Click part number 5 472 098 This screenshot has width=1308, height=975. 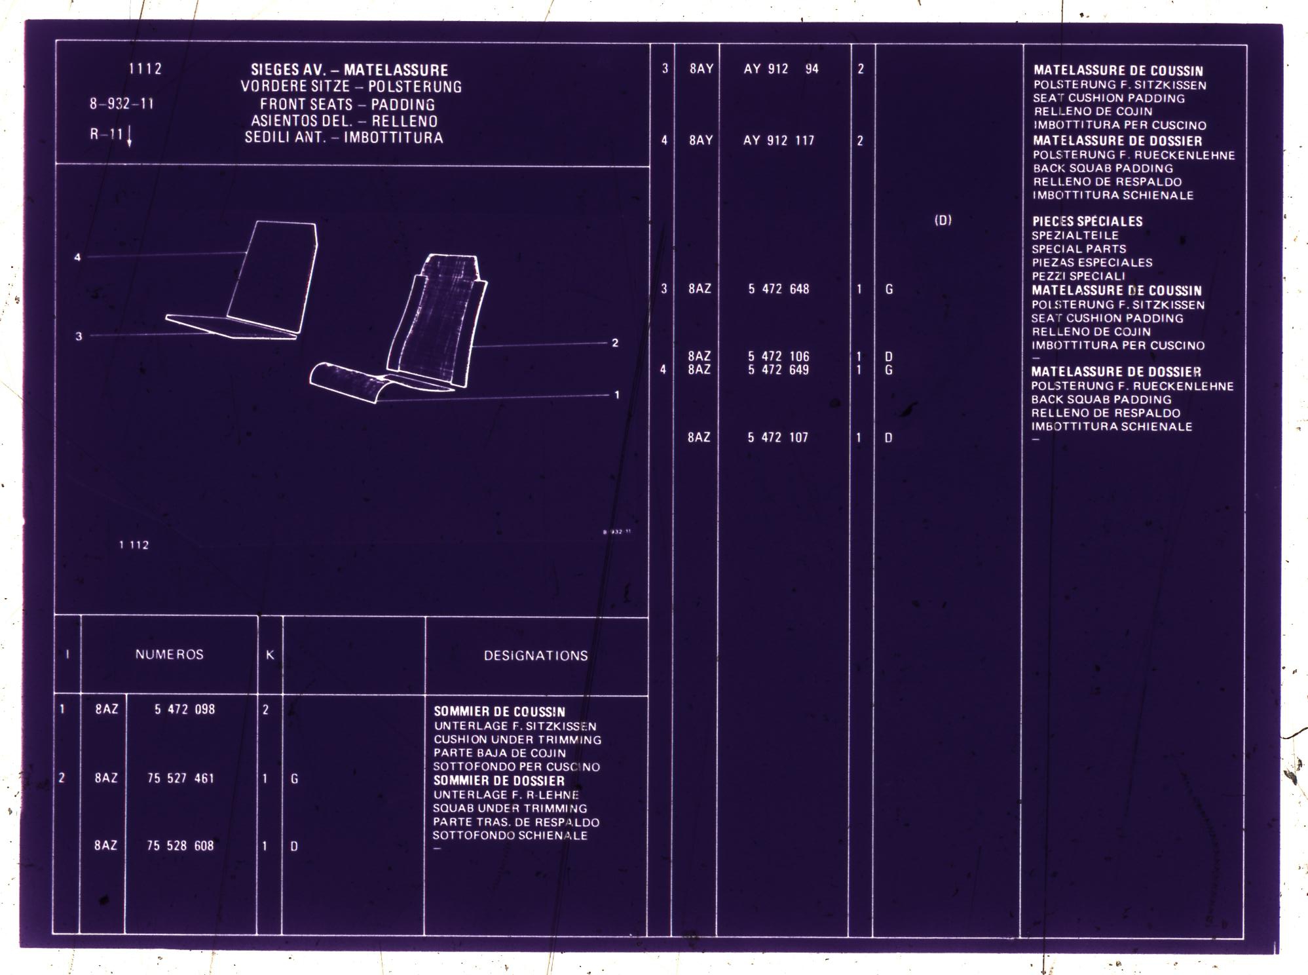coord(185,709)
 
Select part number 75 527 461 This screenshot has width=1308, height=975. coord(181,778)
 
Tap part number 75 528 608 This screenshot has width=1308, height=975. coord(181,846)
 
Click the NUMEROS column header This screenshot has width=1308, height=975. coord(170,655)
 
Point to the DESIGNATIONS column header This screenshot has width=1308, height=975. coord(536,656)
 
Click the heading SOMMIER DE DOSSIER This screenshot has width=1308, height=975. coord(498,780)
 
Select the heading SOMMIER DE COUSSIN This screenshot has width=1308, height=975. coord(499,712)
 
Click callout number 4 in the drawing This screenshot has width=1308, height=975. coord(77,258)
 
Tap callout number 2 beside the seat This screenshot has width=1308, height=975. coord(615,343)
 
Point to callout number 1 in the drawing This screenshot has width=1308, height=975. coord(616,394)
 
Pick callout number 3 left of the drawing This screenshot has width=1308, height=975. coord(79,336)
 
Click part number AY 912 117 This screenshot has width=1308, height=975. coord(779,140)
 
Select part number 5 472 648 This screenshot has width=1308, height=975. coord(779,289)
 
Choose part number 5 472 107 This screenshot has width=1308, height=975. coord(778,437)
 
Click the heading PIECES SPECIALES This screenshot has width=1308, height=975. coord(1087,221)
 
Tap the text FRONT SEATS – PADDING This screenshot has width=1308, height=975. coord(347,104)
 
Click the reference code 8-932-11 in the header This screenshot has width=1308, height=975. coord(122,104)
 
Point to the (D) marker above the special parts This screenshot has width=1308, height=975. coord(943,220)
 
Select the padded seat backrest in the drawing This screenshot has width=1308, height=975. coord(438,321)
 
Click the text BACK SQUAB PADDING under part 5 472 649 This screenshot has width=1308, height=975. coord(1101,400)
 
